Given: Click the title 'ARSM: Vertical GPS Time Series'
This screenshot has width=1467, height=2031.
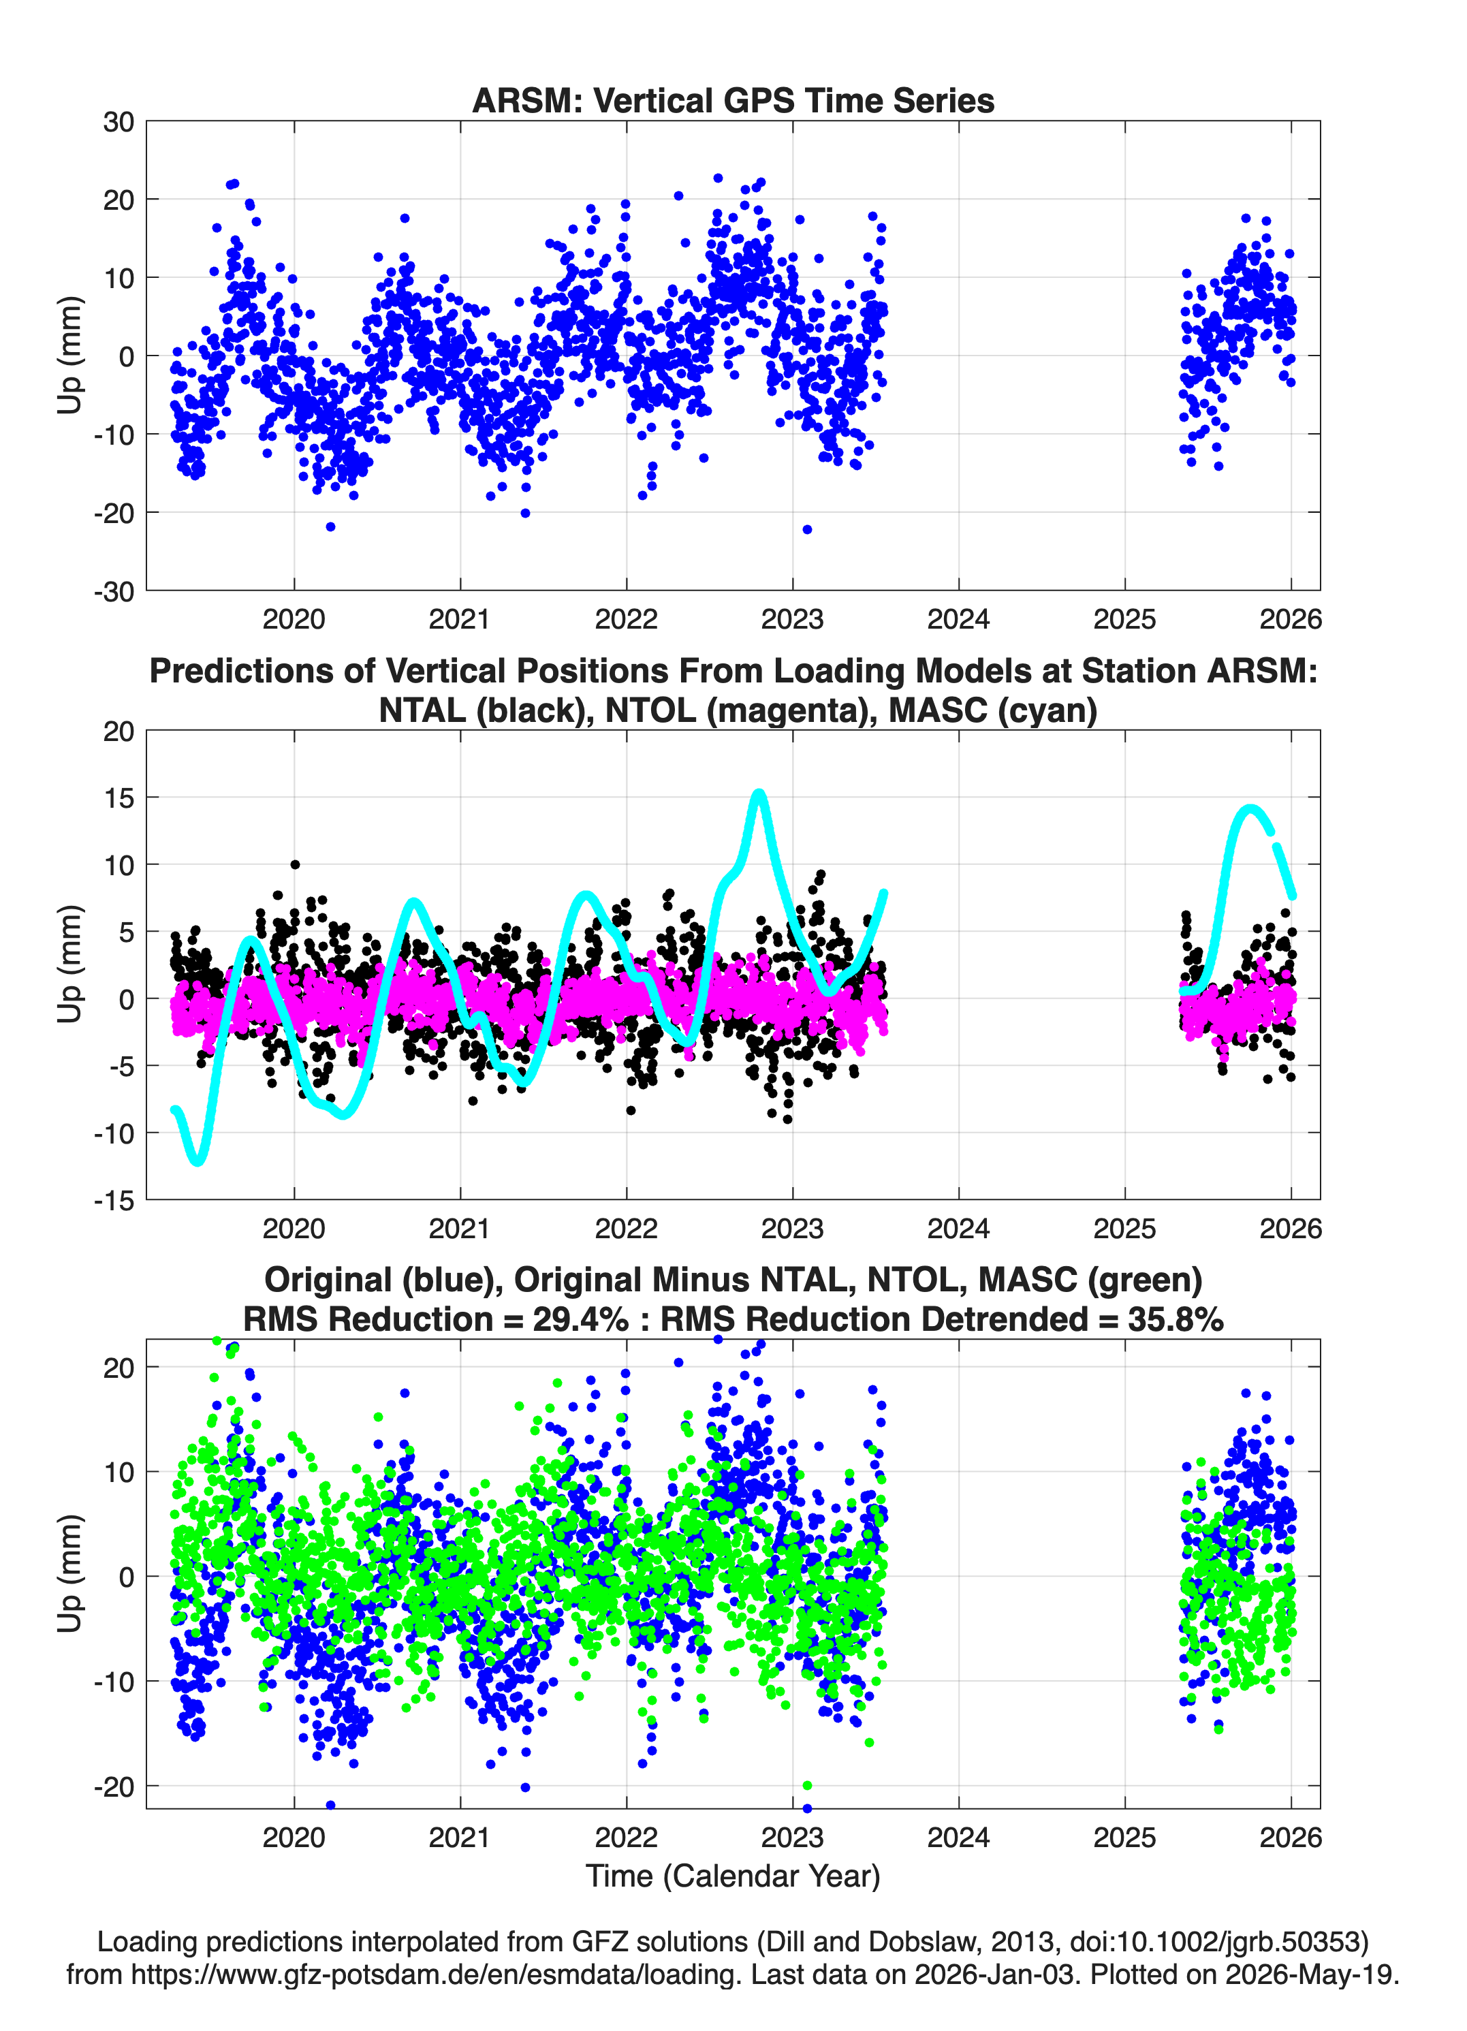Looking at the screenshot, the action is [x=733, y=100].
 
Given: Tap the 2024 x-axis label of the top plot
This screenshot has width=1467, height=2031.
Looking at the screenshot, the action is [x=958, y=619].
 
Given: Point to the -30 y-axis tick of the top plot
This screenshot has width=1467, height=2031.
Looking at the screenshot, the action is [x=114, y=591].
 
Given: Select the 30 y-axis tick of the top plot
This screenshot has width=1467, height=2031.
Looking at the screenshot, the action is [x=119, y=122].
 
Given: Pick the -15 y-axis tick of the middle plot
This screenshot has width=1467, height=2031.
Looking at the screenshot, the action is [x=114, y=1201].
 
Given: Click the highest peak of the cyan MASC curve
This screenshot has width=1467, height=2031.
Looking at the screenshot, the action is [x=759, y=793].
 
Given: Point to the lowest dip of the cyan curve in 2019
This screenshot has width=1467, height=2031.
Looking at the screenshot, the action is [x=198, y=1161].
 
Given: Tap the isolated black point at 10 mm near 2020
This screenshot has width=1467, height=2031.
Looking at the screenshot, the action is [x=295, y=864].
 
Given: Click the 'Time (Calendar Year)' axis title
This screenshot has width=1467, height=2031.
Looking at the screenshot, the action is [x=733, y=1875].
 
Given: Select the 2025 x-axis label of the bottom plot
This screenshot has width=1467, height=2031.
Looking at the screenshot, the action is [x=1125, y=1837].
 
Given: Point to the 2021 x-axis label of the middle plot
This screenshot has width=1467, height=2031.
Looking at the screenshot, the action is [x=460, y=1228].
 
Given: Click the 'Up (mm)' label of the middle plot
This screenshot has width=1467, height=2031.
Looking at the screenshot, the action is [x=70, y=964].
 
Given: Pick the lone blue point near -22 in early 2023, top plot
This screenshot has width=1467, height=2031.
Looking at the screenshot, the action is [x=807, y=529].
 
